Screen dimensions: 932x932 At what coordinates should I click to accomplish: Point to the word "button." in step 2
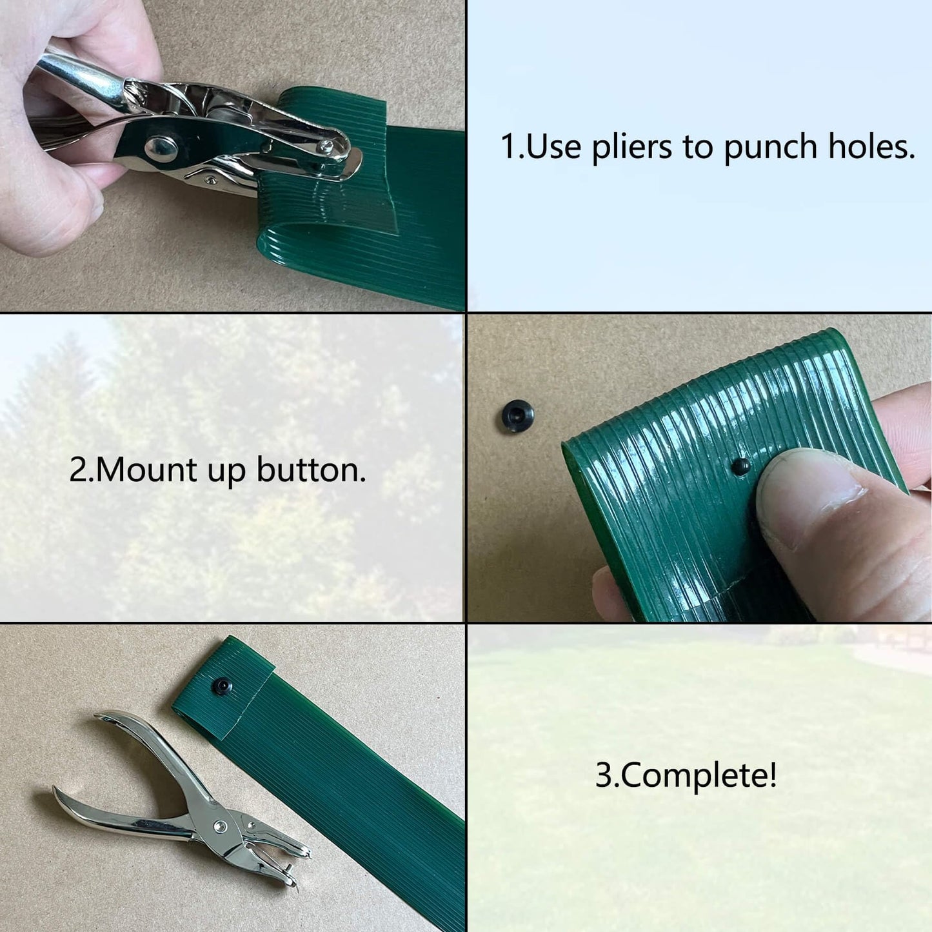[311, 470]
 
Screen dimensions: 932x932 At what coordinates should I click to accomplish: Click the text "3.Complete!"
[686, 775]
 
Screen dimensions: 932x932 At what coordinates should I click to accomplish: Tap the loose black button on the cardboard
[518, 415]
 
